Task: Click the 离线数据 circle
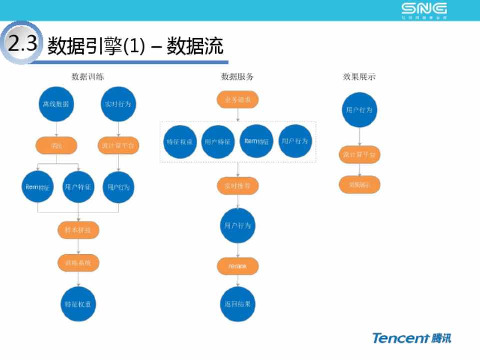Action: coord(56,105)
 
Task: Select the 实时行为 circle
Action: coord(118,105)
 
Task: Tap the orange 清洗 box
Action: coord(56,145)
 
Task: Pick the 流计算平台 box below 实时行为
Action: coord(118,145)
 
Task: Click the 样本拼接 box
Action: coord(78,230)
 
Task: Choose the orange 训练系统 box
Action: coord(78,262)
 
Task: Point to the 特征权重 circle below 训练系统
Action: coord(78,304)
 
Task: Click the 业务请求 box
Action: coord(237,100)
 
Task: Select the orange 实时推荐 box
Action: coord(237,186)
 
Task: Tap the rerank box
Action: coord(237,266)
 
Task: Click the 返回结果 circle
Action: coord(237,304)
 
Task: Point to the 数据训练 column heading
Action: coord(88,77)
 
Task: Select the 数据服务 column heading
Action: coord(237,77)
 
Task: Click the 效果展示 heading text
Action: coord(359,77)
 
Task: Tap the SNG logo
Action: coord(424,10)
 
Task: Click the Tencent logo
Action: coord(411,338)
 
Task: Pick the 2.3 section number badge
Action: coord(22,44)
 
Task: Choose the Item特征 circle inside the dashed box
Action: coord(257,141)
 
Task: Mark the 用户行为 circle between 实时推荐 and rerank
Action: coord(237,226)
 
